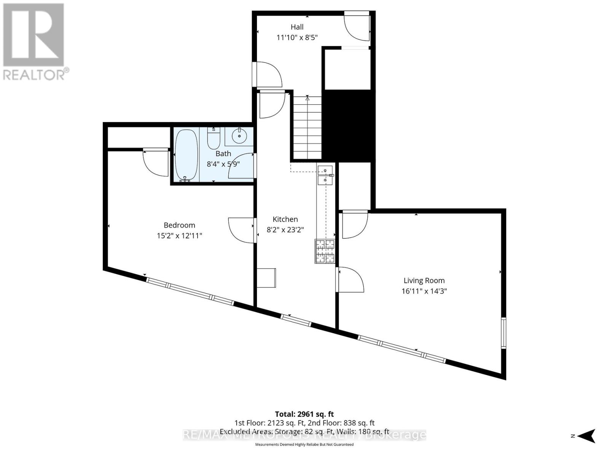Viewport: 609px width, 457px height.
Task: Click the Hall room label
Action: pos(297,27)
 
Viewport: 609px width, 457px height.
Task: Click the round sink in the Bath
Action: pos(239,136)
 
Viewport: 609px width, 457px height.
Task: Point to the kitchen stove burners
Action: pos(325,251)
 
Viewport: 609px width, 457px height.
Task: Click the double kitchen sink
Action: pos(325,175)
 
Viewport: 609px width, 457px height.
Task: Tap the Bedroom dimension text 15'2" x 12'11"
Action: pos(179,236)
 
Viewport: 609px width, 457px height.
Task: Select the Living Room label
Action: pos(424,281)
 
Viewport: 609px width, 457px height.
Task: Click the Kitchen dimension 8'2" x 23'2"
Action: pos(285,230)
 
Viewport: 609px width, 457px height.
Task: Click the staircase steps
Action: pos(308,128)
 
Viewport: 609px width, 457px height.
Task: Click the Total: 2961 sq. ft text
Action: pos(304,414)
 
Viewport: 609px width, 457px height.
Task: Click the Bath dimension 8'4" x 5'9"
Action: pos(223,164)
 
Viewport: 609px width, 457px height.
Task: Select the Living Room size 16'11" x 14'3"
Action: pos(424,291)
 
